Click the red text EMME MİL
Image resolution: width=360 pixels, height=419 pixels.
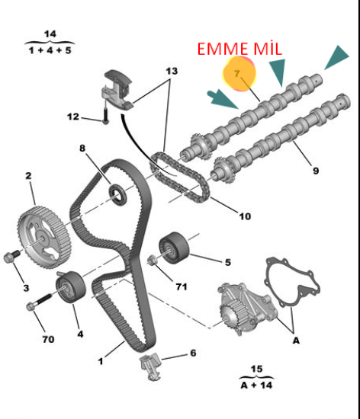(x=239, y=49)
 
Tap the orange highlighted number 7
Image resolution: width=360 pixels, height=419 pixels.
(x=236, y=73)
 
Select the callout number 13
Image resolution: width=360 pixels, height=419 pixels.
(x=172, y=71)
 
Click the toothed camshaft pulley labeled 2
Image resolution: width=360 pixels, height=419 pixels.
(x=44, y=237)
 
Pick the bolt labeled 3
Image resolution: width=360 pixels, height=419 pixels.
(x=11, y=256)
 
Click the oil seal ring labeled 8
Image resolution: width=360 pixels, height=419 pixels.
(x=117, y=195)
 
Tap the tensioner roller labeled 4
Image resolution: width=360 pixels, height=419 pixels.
(x=71, y=286)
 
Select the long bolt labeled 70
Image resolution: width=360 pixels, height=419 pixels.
(x=40, y=302)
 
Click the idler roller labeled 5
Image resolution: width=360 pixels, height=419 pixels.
(x=174, y=248)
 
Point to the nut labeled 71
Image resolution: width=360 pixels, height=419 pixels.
(x=153, y=260)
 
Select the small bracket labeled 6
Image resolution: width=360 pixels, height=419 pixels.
(x=150, y=366)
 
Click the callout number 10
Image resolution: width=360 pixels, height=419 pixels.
(x=245, y=216)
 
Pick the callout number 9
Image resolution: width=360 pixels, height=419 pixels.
(x=316, y=171)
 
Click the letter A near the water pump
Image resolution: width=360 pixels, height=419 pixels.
(x=297, y=341)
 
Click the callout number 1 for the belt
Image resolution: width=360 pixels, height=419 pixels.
(x=101, y=361)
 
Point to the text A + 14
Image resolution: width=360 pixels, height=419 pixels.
(x=256, y=385)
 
